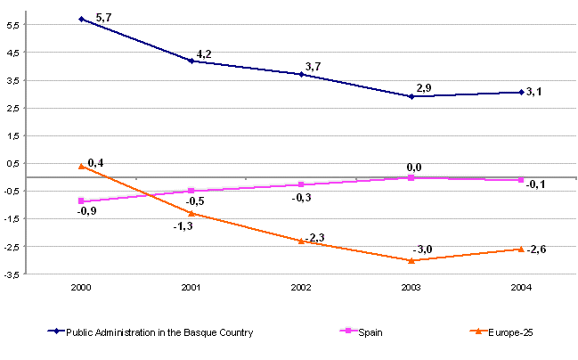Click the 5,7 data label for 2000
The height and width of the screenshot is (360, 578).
click(x=102, y=16)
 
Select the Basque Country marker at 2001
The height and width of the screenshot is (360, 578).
click(x=191, y=61)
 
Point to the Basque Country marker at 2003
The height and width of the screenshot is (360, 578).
click(x=411, y=95)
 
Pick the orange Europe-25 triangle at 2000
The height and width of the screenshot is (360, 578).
click(x=82, y=166)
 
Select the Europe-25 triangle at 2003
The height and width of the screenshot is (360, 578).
click(x=411, y=260)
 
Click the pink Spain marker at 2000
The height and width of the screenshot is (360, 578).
click(x=82, y=201)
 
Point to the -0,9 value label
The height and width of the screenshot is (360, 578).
click(x=86, y=212)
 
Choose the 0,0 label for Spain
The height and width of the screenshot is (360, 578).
click(x=413, y=167)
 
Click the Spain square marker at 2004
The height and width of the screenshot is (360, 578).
click(x=521, y=180)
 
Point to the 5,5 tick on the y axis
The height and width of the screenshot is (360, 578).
click(x=17, y=25)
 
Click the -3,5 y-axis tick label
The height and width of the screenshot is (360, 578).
click(x=15, y=274)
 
